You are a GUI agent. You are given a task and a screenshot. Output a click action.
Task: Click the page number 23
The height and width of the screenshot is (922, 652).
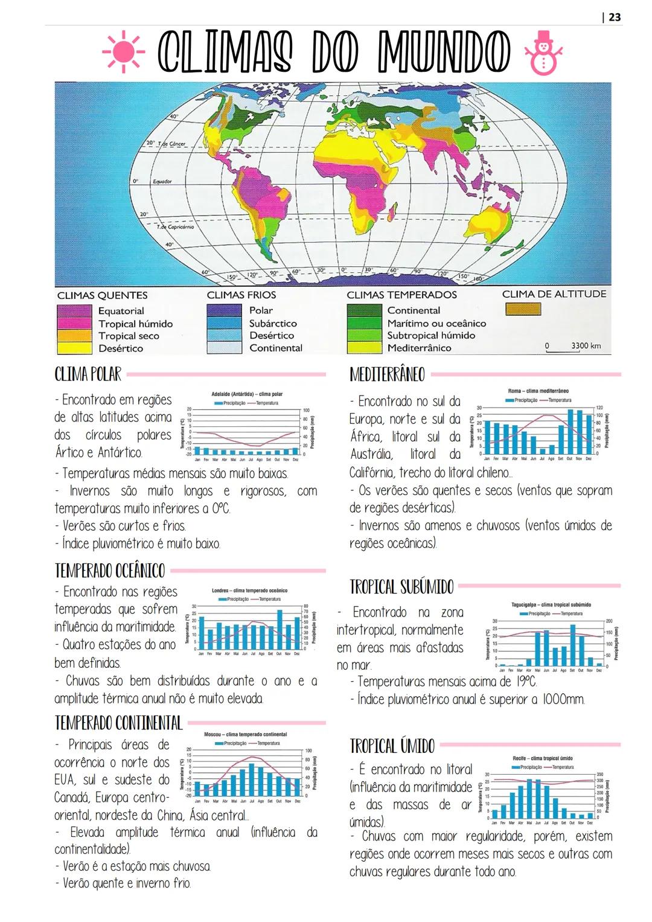tap(613, 17)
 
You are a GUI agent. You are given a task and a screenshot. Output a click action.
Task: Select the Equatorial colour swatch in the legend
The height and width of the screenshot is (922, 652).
tap(74, 311)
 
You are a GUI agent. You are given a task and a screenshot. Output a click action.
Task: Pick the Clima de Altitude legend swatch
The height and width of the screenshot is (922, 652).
tap(523, 309)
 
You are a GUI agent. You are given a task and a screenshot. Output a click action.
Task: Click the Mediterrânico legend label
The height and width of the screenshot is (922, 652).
tap(419, 348)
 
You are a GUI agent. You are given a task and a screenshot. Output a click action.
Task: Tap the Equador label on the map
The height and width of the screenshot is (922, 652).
tap(162, 181)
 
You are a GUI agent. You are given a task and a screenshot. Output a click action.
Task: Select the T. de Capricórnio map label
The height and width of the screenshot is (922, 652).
tap(176, 227)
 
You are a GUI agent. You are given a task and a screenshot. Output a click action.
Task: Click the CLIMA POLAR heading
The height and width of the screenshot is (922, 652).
tap(88, 374)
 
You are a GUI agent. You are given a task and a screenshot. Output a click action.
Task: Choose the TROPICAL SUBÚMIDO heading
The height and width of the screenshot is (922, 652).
tap(401, 586)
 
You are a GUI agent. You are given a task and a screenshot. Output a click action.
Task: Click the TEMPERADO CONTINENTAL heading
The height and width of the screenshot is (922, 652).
tap(118, 722)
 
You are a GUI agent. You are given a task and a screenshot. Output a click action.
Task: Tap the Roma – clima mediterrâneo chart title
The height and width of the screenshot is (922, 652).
tap(538, 391)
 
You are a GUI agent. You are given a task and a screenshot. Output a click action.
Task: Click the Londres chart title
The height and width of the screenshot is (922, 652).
tap(249, 590)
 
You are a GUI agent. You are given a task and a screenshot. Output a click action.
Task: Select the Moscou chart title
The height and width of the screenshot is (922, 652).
tap(245, 734)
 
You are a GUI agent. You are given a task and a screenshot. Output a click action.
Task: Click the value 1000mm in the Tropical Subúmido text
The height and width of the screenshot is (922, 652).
tap(563, 699)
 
